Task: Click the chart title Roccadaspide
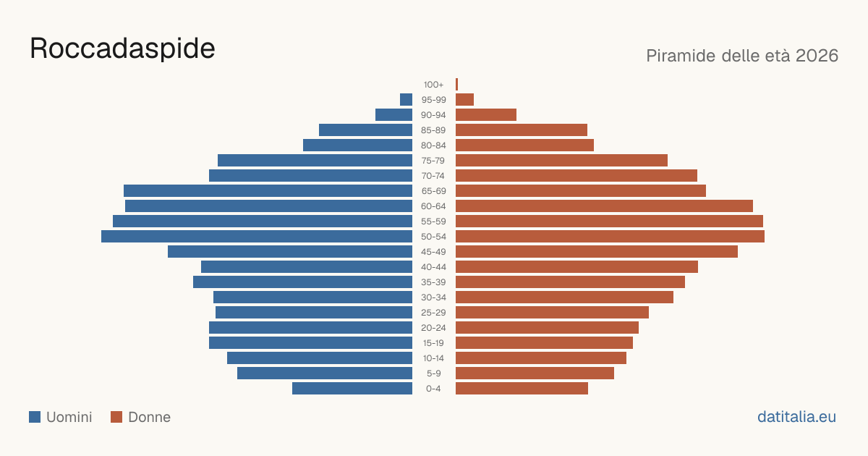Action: [122, 49]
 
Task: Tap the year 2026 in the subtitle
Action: [817, 56]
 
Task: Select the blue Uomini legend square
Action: [35, 417]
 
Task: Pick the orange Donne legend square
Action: [116, 417]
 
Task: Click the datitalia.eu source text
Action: [796, 417]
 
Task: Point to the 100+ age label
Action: [433, 85]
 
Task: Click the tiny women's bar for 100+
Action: [457, 85]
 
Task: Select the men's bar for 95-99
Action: [406, 100]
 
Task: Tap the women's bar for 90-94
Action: [486, 115]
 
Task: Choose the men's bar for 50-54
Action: [257, 237]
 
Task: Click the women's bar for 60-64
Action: [604, 206]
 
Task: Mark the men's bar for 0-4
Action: [352, 389]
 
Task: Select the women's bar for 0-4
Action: [522, 389]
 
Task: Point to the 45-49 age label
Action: [433, 252]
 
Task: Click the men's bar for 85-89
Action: [365, 130]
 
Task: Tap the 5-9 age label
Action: [433, 373]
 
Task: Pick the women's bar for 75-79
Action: [561, 161]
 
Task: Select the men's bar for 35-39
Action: [302, 282]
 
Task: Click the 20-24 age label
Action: [433, 328]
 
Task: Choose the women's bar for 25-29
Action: [552, 313]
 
